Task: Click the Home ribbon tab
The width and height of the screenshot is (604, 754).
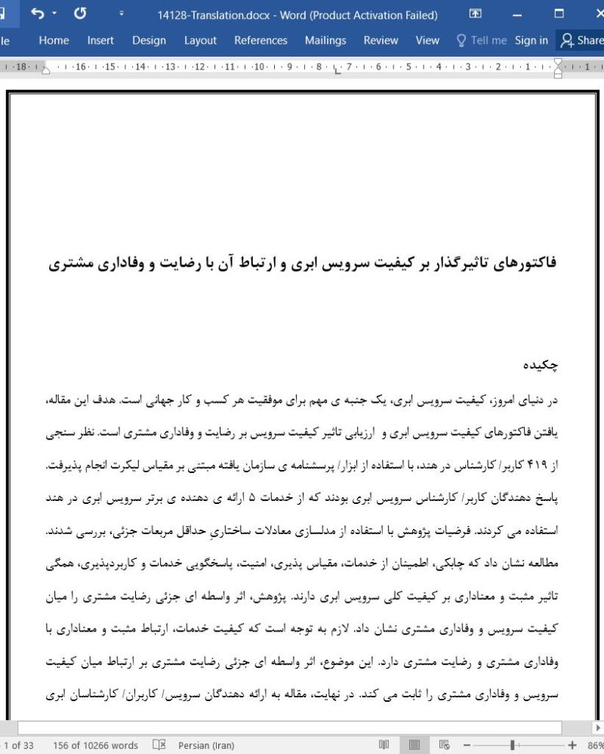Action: click(x=54, y=41)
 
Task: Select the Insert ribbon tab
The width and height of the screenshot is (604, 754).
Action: click(x=100, y=41)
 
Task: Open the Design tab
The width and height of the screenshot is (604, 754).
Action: click(x=149, y=41)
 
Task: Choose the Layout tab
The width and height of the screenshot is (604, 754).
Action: click(x=200, y=41)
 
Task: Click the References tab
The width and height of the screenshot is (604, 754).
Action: click(x=260, y=41)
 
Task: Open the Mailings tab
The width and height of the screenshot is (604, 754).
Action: click(x=325, y=41)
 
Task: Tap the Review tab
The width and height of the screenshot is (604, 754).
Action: click(x=381, y=41)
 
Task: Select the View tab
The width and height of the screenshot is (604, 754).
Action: click(x=427, y=41)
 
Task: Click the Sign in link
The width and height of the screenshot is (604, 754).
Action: click(x=532, y=41)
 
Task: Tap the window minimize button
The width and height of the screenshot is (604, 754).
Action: click(x=517, y=14)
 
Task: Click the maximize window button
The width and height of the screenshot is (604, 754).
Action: click(x=559, y=14)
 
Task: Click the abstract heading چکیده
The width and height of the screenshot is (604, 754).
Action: click(x=541, y=366)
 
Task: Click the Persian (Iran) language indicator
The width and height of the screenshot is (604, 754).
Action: click(x=205, y=746)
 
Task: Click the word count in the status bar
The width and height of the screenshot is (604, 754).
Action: click(x=96, y=746)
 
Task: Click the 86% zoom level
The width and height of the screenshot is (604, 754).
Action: click(x=593, y=746)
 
